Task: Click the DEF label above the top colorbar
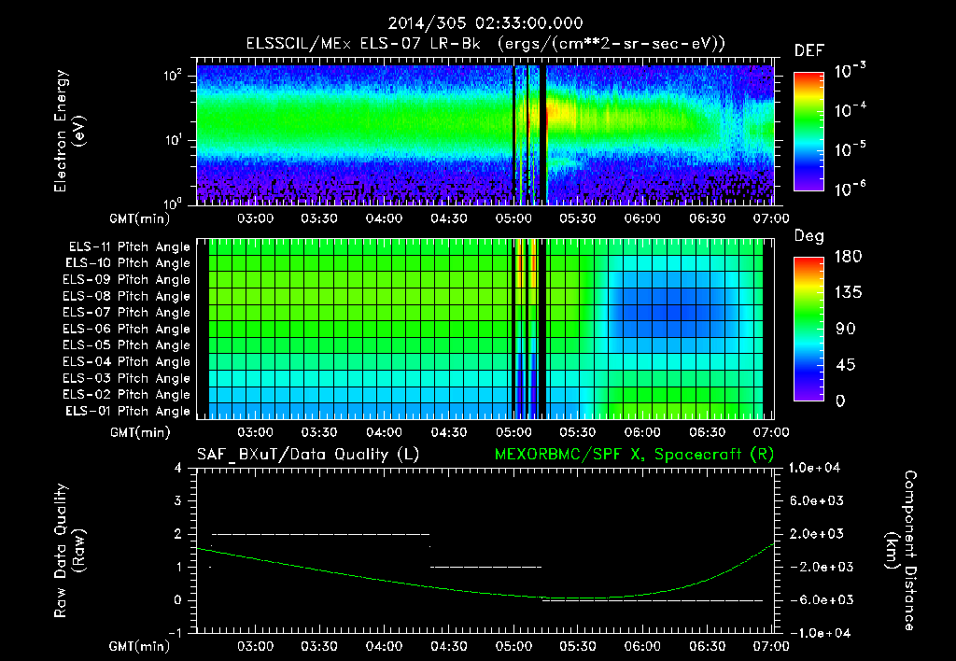[x=808, y=50]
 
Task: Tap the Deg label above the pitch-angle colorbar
[x=808, y=237]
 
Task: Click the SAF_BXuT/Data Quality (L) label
[x=307, y=455]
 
